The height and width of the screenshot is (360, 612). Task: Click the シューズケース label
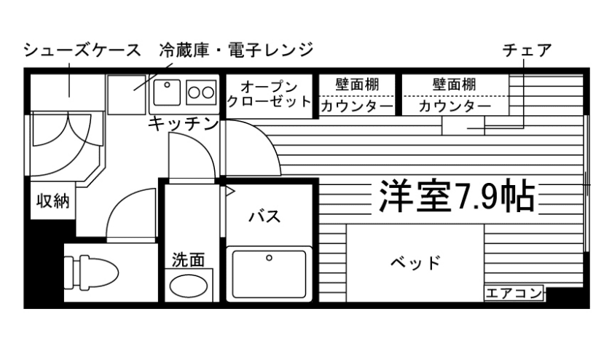coord(82,50)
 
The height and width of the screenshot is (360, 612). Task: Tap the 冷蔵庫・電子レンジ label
coord(236,50)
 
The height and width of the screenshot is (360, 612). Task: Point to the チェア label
coord(527,50)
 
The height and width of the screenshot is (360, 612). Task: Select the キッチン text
coord(183,124)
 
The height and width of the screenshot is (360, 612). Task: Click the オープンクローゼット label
coord(269,95)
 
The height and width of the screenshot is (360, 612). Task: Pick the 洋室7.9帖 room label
coord(456,195)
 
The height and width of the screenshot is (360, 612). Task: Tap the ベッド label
coord(415,262)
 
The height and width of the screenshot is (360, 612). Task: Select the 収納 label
coord(53,200)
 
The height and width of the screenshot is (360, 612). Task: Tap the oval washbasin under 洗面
coord(189,285)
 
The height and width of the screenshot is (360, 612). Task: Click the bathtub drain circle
coord(269,258)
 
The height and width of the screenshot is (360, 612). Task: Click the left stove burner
coord(195,92)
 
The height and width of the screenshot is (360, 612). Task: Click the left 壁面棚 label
coord(357,85)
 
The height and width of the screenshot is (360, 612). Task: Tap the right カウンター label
coord(455,106)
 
